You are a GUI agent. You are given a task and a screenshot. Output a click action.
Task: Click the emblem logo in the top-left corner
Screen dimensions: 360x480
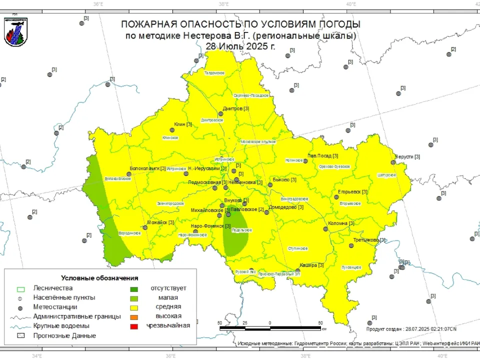click(x=15, y=31)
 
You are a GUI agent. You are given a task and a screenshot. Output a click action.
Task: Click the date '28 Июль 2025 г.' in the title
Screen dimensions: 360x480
click(x=240, y=46)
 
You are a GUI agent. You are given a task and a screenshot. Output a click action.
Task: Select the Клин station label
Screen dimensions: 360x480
click(x=182, y=124)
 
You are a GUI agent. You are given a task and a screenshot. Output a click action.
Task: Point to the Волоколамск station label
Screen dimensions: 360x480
click(x=147, y=168)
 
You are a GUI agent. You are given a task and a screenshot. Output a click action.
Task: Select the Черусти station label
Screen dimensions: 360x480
click(x=407, y=156)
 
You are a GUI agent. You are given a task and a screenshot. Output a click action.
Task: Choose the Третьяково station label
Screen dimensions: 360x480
click(x=369, y=240)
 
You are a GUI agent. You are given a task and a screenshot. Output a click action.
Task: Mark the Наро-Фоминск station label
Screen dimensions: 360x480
click(x=209, y=226)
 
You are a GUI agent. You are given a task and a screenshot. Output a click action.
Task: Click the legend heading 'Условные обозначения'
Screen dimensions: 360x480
click(x=99, y=277)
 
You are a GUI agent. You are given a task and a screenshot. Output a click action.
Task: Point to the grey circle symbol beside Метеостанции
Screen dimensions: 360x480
click(x=21, y=307)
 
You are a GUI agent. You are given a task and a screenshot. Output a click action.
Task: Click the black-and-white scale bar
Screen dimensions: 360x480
click(x=270, y=328)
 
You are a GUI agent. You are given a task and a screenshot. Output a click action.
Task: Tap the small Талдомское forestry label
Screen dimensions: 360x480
click(x=214, y=73)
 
